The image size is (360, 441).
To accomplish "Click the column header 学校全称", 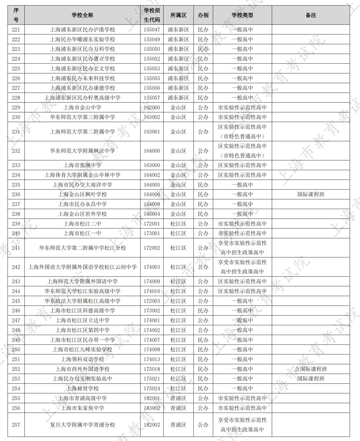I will pyautogui.click(x=82, y=15).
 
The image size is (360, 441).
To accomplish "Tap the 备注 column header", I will pyautogui.click(x=311, y=15).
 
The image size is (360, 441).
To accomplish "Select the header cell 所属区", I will pyautogui.click(x=178, y=15).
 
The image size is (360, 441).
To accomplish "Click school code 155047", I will pyautogui.click(x=152, y=30).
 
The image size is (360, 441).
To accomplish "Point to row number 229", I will pyautogui.click(x=16, y=107).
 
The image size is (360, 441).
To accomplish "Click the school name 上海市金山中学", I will pyautogui.click(x=82, y=107).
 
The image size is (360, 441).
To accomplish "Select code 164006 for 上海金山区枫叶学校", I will pyautogui.click(x=152, y=194).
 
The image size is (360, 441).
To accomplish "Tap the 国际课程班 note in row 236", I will pyautogui.click(x=311, y=194).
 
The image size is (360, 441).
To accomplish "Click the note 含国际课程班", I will pyautogui.click(x=311, y=369).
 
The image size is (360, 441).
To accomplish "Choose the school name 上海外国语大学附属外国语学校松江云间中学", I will pyautogui.click(x=82, y=267).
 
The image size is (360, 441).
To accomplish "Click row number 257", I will pyautogui.click(x=16, y=425).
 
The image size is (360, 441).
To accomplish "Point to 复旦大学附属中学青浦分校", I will pyautogui.click(x=82, y=425).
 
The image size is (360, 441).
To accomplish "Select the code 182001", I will pyautogui.click(x=152, y=398).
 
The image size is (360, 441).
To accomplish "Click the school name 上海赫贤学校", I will pyautogui.click(x=82, y=388).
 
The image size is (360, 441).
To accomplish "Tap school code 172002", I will pyautogui.click(x=152, y=248).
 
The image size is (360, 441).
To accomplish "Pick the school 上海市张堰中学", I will pyautogui.click(x=82, y=165).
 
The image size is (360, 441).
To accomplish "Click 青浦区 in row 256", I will pyautogui.click(x=178, y=408).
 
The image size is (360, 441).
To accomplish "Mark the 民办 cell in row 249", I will pyautogui.click(x=203, y=340).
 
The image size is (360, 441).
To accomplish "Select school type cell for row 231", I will pyautogui.click(x=242, y=132).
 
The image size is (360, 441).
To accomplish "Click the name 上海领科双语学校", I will pyautogui.click(x=82, y=359).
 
